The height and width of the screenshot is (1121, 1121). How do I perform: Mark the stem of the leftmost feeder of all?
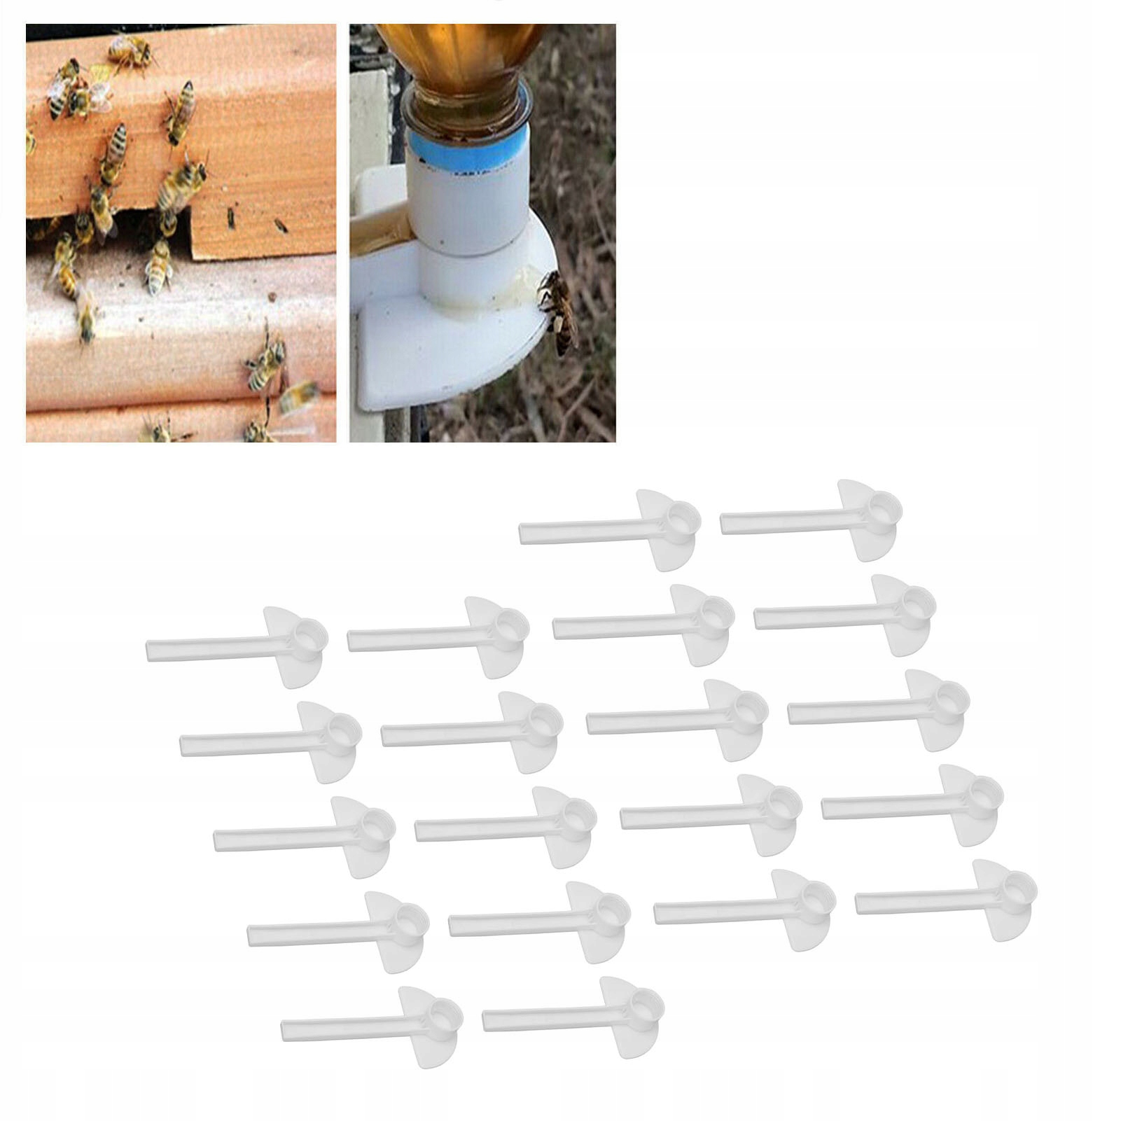coord(210,648)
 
